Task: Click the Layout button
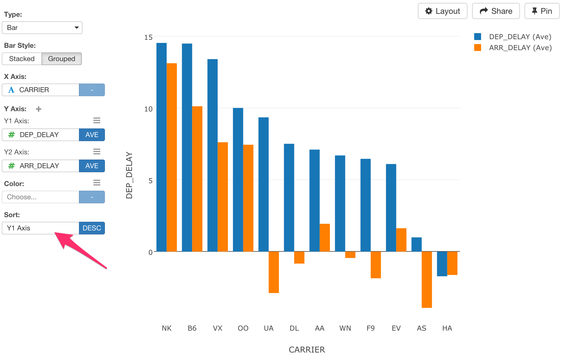point(442,11)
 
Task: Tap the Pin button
point(542,11)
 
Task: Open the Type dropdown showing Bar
point(42,28)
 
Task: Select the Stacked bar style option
point(22,59)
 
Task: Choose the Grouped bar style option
point(61,59)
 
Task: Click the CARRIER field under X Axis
point(41,90)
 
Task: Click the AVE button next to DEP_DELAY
point(92,135)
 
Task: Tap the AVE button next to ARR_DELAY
point(92,166)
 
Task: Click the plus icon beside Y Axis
point(39,109)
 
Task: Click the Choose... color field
point(41,197)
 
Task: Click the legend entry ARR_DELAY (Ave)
point(520,48)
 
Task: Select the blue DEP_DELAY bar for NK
point(161,147)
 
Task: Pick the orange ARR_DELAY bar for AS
point(427,279)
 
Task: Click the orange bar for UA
point(274,272)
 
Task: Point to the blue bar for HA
point(442,264)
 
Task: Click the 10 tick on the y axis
point(148,109)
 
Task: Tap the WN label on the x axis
point(345,328)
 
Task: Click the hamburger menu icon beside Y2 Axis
point(97,151)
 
